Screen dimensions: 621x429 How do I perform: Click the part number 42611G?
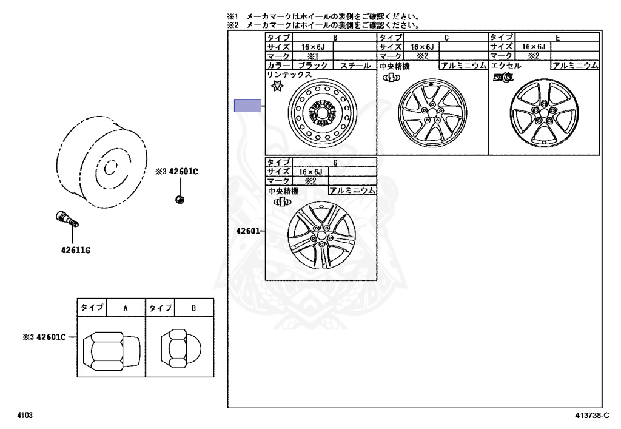click(76, 250)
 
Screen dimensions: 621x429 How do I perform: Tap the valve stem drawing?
click(67, 219)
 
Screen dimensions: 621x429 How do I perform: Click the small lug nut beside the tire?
click(179, 198)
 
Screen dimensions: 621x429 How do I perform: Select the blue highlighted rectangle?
click(247, 106)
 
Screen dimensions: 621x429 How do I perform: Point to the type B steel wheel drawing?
click(323, 113)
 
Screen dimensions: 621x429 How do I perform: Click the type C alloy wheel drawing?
click(432, 113)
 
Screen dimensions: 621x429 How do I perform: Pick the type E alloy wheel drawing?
click(545, 112)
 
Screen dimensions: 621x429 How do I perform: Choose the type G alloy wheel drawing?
click(321, 235)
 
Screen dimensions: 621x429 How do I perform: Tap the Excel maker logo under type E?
click(503, 77)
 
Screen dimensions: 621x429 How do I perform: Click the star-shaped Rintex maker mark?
click(278, 86)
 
